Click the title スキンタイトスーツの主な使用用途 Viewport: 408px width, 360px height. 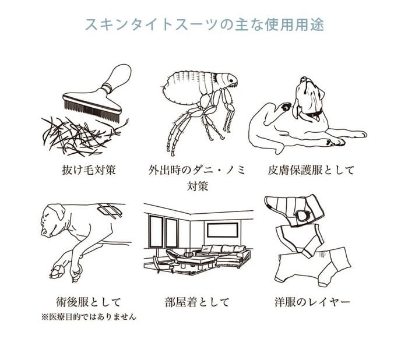[x=205, y=24]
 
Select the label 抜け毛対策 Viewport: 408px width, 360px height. [x=89, y=170]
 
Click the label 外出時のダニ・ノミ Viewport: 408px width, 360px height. [x=197, y=170]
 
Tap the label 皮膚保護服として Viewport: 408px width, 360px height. [x=311, y=170]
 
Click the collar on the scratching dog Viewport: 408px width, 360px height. [x=314, y=114]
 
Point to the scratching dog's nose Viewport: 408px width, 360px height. [x=304, y=79]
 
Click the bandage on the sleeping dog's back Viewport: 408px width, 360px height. [x=110, y=210]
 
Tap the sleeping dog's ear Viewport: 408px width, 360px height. [x=58, y=211]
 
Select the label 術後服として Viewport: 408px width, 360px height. [x=89, y=302]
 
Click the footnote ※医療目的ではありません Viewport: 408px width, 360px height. [x=89, y=317]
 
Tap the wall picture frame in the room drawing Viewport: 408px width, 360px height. [x=223, y=230]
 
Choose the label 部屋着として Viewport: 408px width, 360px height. [x=197, y=302]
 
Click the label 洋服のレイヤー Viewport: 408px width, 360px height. [x=312, y=302]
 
